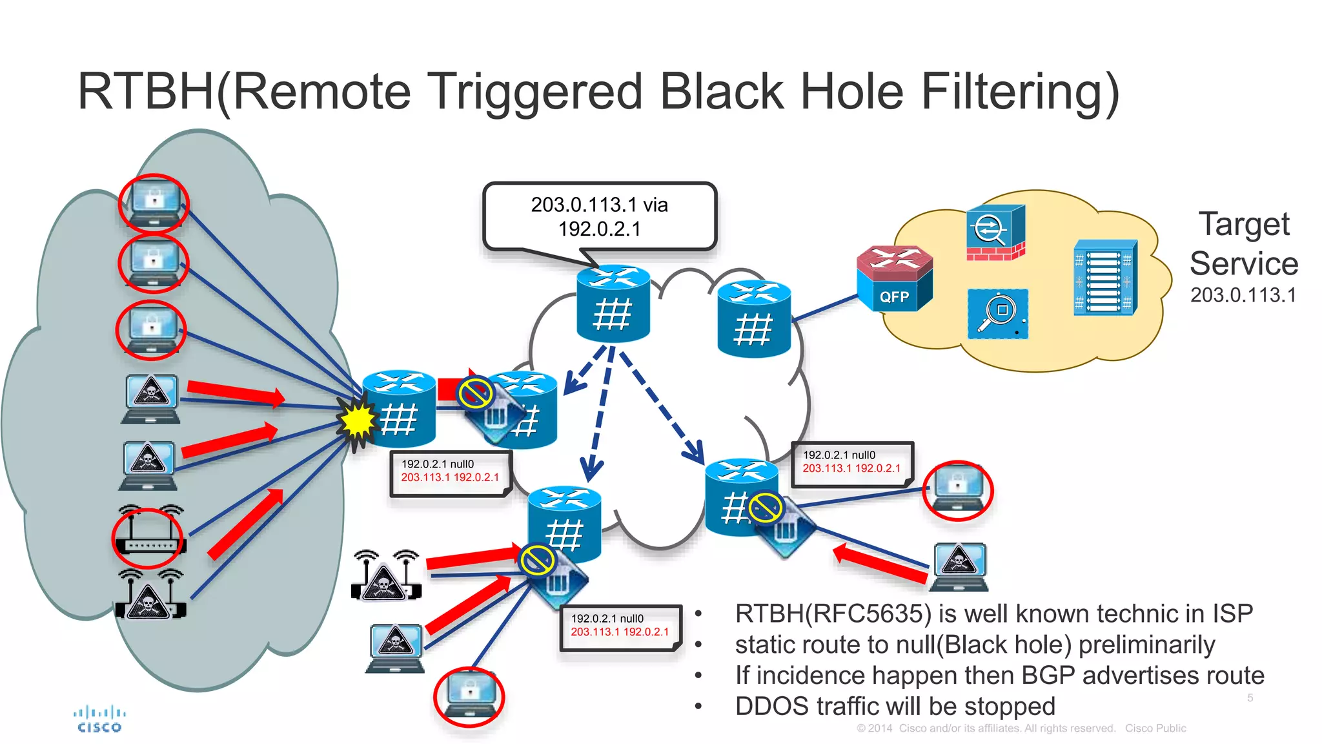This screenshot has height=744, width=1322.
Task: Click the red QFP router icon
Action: [x=894, y=279]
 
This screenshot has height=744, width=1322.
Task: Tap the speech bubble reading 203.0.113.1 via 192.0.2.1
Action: [x=599, y=216]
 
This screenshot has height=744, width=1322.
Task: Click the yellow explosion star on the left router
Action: [x=357, y=420]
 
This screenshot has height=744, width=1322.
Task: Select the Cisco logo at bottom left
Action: [x=99, y=719]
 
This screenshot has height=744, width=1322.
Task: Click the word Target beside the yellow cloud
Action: [x=1244, y=224]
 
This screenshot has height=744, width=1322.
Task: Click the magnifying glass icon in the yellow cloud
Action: [x=997, y=314]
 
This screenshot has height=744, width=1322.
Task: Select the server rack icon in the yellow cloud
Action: [x=1104, y=278]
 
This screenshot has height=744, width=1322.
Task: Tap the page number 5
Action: [x=1250, y=697]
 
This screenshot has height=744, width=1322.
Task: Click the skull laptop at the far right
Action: [x=959, y=567]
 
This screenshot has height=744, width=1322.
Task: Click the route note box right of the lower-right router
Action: [x=852, y=463]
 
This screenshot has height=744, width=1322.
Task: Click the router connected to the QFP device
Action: [x=754, y=319]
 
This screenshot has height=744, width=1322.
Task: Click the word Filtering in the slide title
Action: [x=1019, y=91]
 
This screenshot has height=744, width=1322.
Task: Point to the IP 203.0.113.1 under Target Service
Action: [x=1243, y=295]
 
